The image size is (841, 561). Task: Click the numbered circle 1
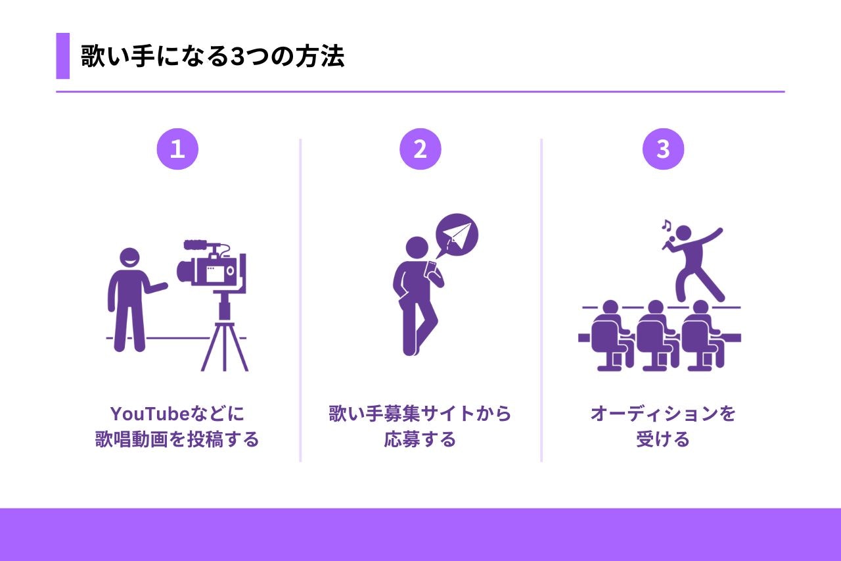click(177, 149)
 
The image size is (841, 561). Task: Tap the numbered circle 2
click(420, 149)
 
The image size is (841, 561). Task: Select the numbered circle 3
click(664, 149)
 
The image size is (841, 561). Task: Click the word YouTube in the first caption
click(149, 414)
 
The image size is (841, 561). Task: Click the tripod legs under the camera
click(225, 347)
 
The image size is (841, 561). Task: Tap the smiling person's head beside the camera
click(129, 258)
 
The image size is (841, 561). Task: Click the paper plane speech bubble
click(456, 235)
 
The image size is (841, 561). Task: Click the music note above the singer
click(666, 225)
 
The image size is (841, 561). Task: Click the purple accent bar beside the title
click(62, 56)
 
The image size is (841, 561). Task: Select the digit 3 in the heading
click(237, 57)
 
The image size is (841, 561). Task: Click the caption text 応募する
click(420, 439)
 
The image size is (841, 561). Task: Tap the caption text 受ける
click(663, 439)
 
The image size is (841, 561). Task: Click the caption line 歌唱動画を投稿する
click(177, 439)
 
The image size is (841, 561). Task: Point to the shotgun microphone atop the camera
click(195, 245)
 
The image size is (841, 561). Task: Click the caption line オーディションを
click(663, 414)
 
